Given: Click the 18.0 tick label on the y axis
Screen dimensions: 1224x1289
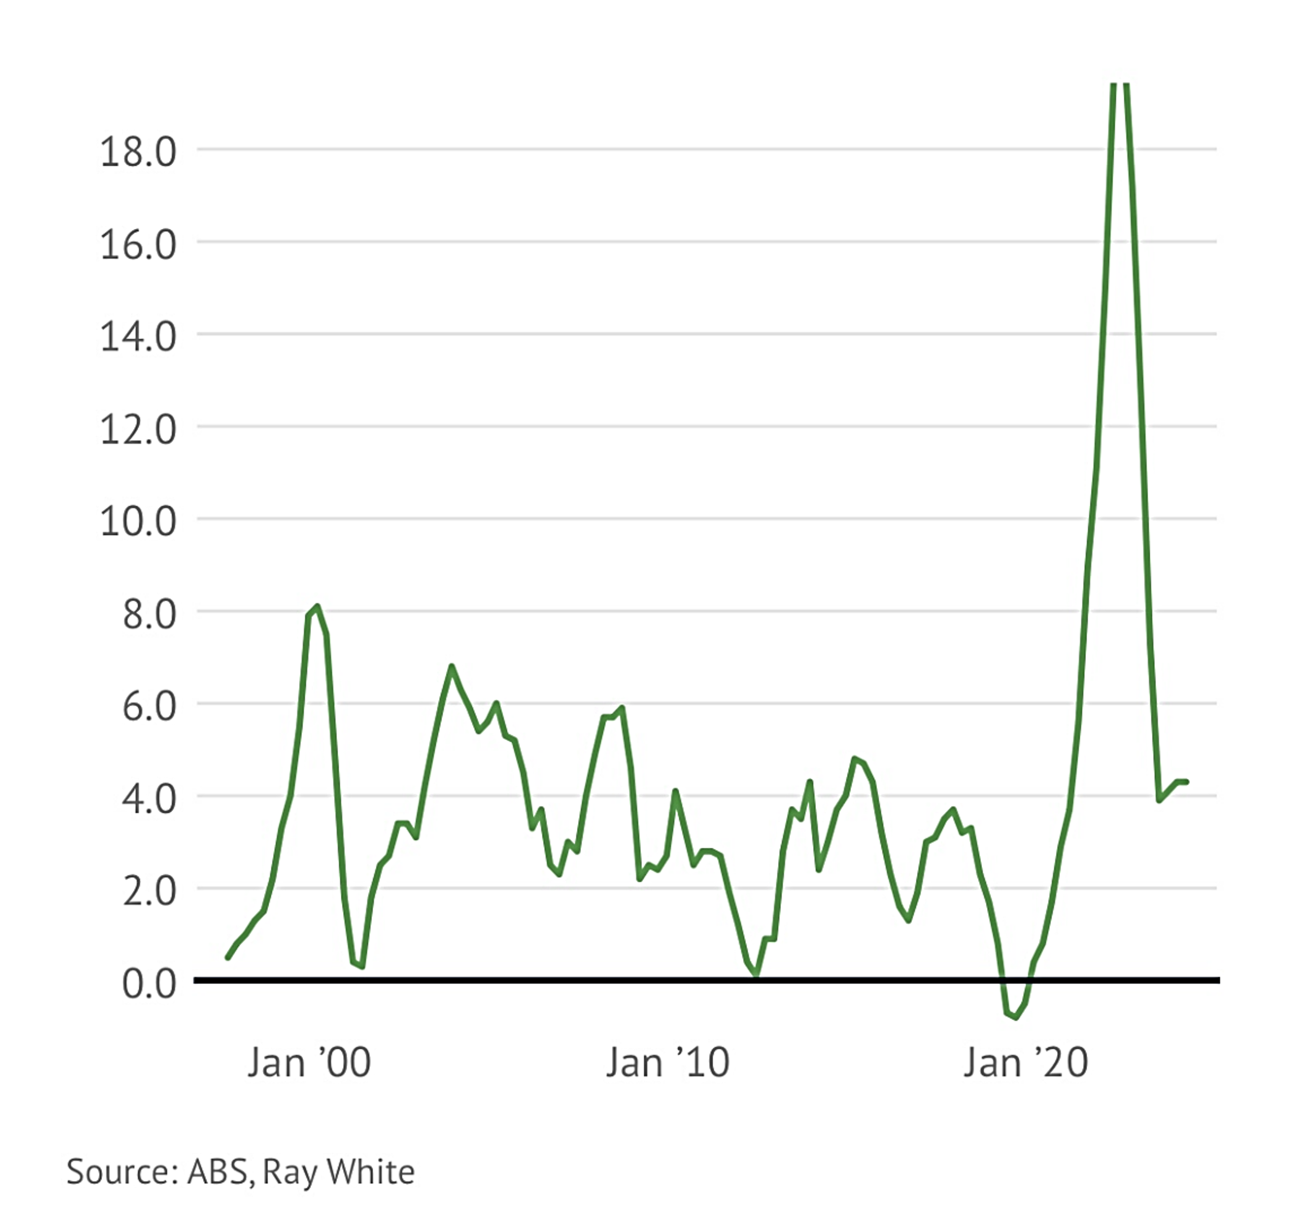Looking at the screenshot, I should coord(138,152).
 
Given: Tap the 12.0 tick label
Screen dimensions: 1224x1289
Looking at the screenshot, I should coord(138,430).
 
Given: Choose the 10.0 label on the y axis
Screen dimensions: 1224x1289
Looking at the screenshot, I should coord(138,522).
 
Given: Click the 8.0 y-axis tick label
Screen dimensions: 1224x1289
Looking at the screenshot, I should coord(149,615).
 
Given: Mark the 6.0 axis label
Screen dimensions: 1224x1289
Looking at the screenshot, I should coord(149,707).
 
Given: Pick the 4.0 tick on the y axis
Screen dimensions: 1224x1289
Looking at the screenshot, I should coord(149,799).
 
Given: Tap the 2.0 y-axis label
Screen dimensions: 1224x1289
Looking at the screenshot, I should coord(149,891).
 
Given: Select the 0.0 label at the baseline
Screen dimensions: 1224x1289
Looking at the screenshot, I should coord(149,984).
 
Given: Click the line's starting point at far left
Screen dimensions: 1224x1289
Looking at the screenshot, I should coord(227,958).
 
